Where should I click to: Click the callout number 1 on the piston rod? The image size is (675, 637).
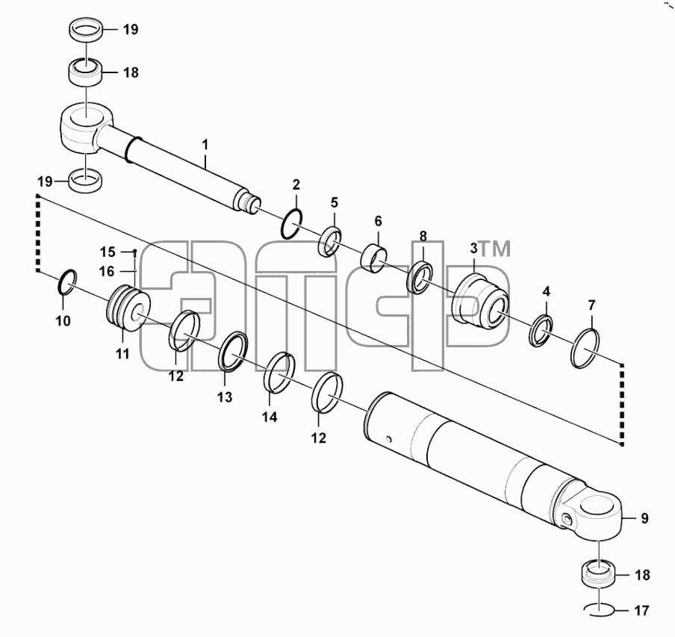205,145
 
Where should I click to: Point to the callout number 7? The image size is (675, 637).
591,305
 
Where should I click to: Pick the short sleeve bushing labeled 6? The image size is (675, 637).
373,259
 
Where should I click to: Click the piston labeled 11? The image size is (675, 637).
128,308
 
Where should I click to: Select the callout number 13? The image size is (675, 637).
224,397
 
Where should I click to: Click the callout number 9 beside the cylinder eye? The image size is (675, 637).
644,518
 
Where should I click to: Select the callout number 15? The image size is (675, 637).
108,252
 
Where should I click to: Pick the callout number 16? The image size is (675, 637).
107,272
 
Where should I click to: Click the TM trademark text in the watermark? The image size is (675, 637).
494,249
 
